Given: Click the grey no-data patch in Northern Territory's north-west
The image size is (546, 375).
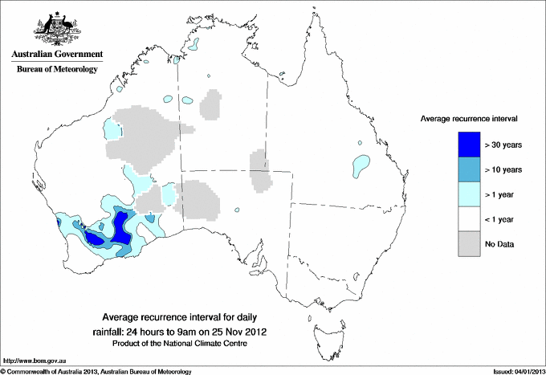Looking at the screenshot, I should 211,105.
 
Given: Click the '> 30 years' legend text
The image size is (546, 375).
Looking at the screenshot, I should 503,145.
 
